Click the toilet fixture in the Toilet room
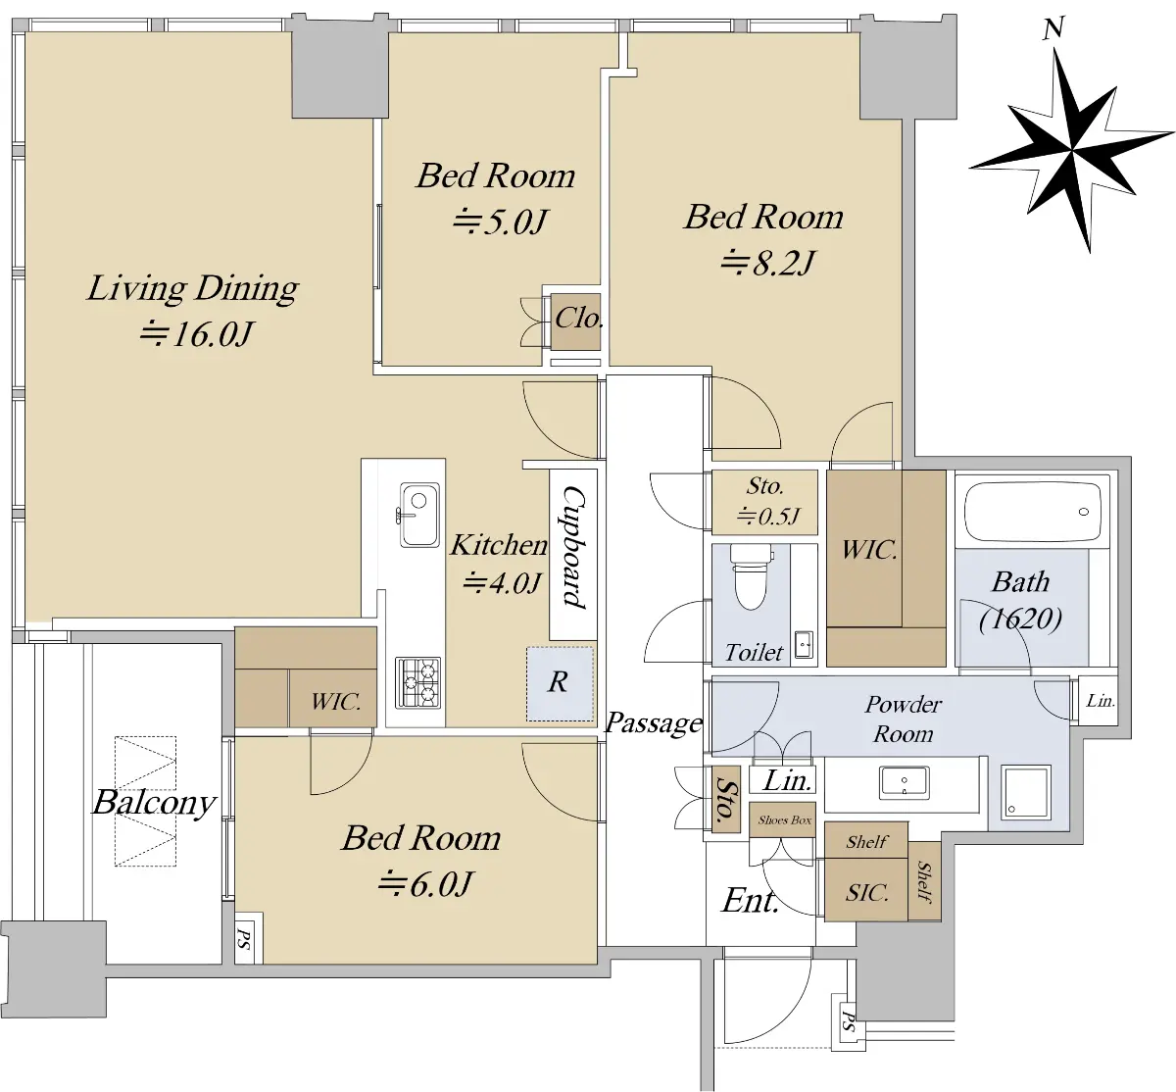coord(751,576)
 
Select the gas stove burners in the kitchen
coord(418,682)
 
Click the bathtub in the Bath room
coord(1032,511)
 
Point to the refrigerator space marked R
coord(560,684)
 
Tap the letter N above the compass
coord(1053,28)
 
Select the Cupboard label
coord(573,547)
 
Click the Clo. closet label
coord(578,320)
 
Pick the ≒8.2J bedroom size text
coord(767,263)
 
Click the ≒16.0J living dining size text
coord(196,334)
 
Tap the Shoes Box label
coord(784,820)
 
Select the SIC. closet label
coord(867,892)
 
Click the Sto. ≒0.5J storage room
coord(764,503)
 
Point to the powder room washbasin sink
coord(905,782)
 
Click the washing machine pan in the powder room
coord(1026,793)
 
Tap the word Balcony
coord(154,803)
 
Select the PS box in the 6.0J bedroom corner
coord(245,938)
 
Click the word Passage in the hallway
coord(654,723)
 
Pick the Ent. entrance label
coord(750,901)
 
